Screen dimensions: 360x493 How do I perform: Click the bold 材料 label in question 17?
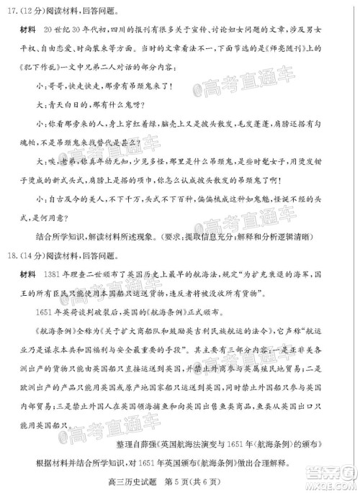pos(29,32)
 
